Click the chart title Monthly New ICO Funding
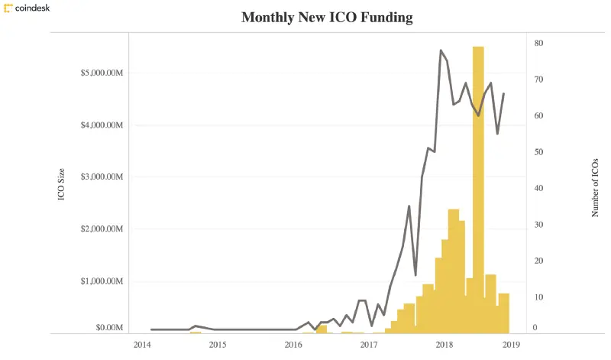(327, 17)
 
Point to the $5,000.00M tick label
(102, 73)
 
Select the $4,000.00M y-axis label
(102, 125)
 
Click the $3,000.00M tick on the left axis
(102, 177)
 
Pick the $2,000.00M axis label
(102, 229)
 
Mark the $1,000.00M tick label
(102, 281)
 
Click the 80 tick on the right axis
(538, 44)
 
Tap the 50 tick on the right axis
(538, 152)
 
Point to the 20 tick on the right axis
(538, 261)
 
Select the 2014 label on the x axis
(142, 345)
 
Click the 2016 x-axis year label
(293, 345)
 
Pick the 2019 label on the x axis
(511, 345)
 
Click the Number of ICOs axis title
(596, 188)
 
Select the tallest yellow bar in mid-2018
(478, 191)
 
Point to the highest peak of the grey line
(441, 50)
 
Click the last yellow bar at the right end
(504, 313)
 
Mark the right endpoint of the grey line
(504, 94)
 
